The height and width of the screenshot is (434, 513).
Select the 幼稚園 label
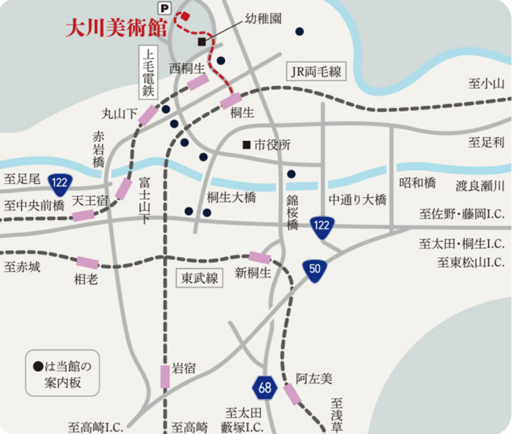pos(263,18)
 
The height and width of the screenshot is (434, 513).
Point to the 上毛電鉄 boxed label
pos(148,72)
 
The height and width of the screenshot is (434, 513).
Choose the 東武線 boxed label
pos(200,278)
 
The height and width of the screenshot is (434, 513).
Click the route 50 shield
pos(314,270)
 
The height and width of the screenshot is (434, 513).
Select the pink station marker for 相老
pos(88,263)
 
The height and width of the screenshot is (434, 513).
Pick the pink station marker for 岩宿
pos(165,376)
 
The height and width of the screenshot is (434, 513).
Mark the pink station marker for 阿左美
pos(292,394)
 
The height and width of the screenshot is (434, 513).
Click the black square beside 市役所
pos(247,145)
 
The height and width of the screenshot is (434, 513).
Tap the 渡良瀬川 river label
pos(480,186)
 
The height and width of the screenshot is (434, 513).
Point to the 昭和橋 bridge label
pos(417,183)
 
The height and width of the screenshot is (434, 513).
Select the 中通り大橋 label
pos(357,200)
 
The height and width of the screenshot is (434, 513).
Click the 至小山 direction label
pos(486,84)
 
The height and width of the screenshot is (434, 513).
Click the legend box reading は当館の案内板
pos(62,373)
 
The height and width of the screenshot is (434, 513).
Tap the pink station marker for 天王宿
pos(83,215)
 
